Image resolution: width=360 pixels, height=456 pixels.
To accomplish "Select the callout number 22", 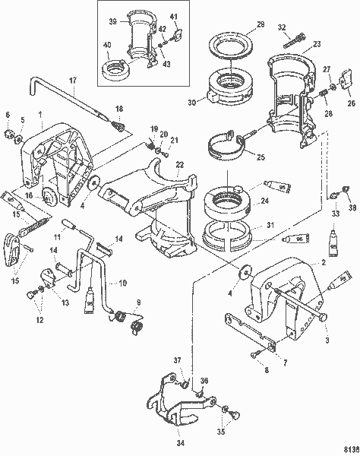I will click(180, 165).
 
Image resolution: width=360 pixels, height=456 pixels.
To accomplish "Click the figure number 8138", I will click(348, 449).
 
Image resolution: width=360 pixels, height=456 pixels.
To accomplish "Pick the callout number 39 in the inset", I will click(112, 21).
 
